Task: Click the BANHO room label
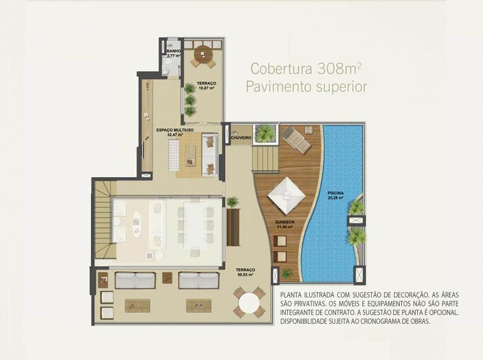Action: coord(174,51)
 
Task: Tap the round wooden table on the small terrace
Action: coord(203,54)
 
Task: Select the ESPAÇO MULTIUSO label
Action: coord(175,130)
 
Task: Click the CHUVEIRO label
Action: coord(241,138)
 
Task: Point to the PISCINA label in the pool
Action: coord(336,193)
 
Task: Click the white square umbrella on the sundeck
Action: coord(287,195)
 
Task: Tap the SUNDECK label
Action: coord(285,222)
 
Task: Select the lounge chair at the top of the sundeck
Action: coord(297,139)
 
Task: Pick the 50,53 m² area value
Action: coord(246,274)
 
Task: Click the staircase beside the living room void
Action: coord(103,219)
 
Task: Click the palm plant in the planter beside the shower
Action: coord(265,133)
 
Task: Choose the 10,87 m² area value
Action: coord(206,88)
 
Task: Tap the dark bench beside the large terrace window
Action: coord(233,227)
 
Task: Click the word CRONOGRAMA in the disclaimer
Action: coord(385,321)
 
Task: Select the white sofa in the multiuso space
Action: coord(211,155)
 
